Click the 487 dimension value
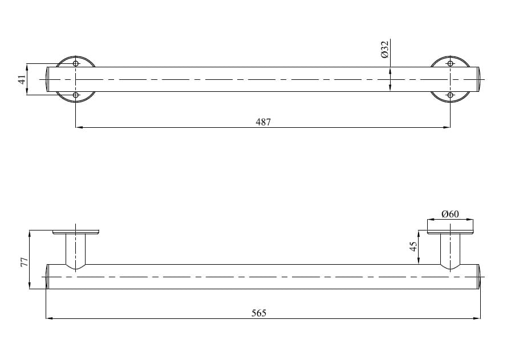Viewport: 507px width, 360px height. (x=263, y=122)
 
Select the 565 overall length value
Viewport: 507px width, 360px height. (x=259, y=313)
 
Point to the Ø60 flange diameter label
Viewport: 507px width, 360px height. (x=450, y=215)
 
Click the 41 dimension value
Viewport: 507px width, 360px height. (x=22, y=79)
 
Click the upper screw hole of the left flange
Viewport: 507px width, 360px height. (x=76, y=64)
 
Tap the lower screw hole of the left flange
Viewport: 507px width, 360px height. (x=76, y=95)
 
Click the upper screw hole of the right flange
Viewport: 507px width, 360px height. (x=451, y=63)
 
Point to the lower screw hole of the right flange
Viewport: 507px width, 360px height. (x=451, y=95)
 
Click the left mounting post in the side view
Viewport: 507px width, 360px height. (x=76, y=250)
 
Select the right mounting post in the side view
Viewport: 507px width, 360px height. (x=450, y=250)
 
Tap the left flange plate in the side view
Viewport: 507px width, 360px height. (x=76, y=232)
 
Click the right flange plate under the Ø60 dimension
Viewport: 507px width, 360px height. (x=451, y=232)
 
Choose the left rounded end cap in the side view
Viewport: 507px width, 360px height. (x=46, y=277)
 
